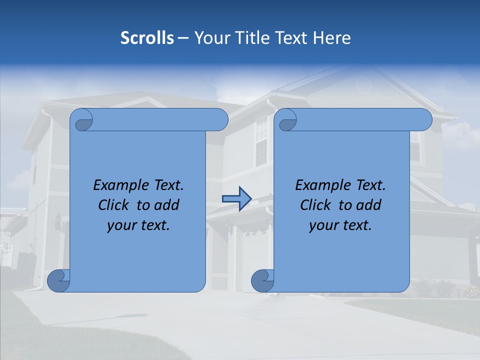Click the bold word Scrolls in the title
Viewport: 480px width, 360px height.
click(147, 38)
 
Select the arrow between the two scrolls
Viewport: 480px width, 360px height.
click(236, 199)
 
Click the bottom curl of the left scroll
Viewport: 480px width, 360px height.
click(58, 280)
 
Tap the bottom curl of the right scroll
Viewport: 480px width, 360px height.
click(262, 280)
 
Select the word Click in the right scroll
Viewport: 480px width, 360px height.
click(315, 205)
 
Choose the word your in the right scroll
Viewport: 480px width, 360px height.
click(323, 225)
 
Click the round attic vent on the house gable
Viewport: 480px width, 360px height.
click(363, 86)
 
